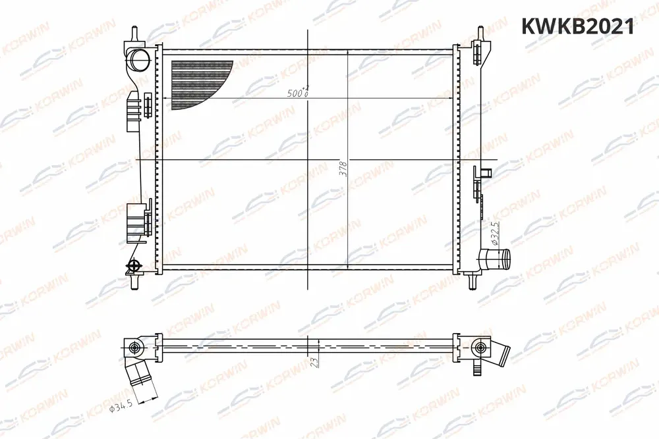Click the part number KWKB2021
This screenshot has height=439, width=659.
tap(577, 26)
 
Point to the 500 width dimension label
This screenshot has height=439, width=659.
tap(299, 93)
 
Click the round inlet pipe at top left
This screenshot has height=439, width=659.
tap(139, 59)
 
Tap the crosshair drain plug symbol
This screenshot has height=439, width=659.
tap(134, 266)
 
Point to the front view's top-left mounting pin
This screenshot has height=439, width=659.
tap(134, 34)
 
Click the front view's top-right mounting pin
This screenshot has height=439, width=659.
tap(480, 34)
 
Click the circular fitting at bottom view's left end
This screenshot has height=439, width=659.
tap(135, 347)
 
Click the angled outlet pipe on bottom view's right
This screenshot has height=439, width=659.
tap(501, 355)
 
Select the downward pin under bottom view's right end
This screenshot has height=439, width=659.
tap(476, 369)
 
